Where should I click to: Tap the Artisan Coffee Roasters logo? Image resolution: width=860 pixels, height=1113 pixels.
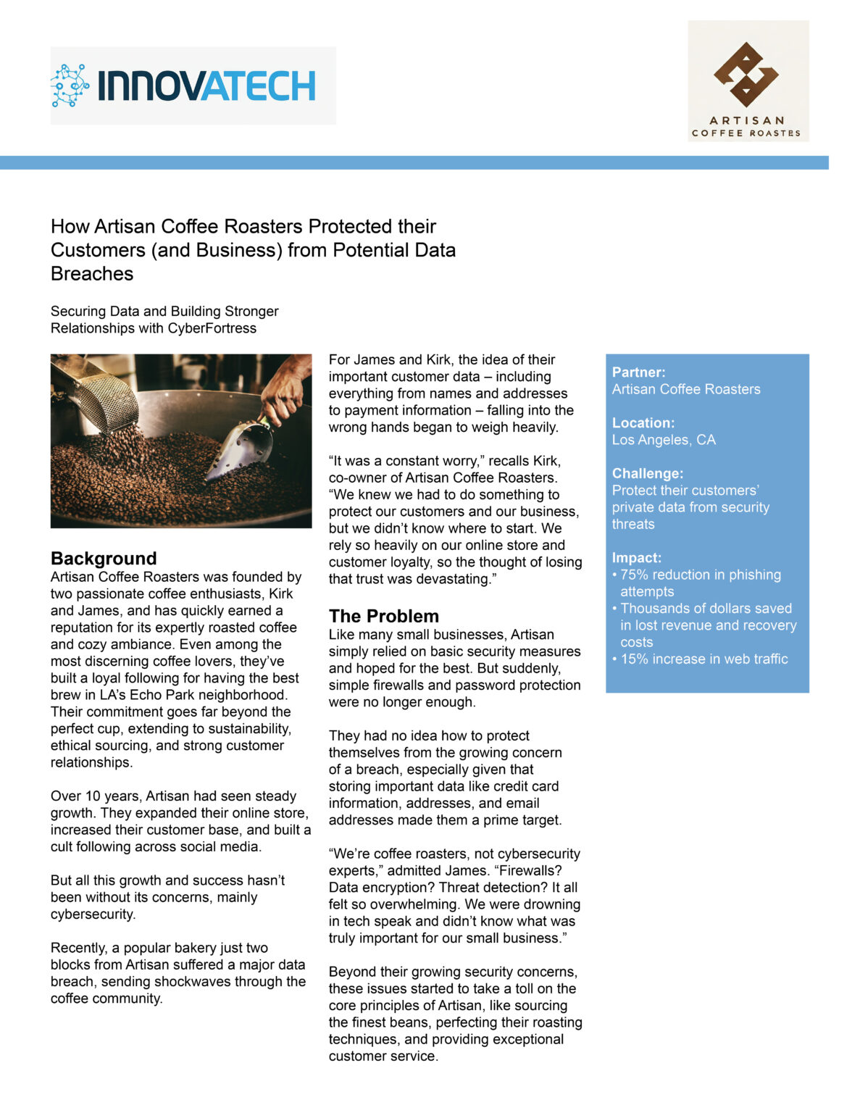[748, 80]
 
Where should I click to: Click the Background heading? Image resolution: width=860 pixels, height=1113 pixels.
[104, 559]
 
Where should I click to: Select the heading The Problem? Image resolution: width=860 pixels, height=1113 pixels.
[384, 616]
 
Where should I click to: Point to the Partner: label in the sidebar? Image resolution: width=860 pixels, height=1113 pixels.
[638, 372]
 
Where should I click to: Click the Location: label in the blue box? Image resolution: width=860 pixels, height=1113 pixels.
[643, 423]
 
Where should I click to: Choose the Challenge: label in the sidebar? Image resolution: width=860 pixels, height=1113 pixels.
[648, 474]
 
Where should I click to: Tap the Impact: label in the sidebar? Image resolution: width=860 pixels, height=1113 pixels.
[637, 558]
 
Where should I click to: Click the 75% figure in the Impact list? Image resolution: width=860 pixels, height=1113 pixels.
[635, 575]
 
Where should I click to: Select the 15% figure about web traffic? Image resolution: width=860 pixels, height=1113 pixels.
[635, 659]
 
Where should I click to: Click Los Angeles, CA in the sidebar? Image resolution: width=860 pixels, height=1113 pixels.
[664, 440]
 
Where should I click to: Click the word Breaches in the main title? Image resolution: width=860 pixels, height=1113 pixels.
[92, 274]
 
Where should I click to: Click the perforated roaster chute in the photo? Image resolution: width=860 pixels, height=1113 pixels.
[105, 399]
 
